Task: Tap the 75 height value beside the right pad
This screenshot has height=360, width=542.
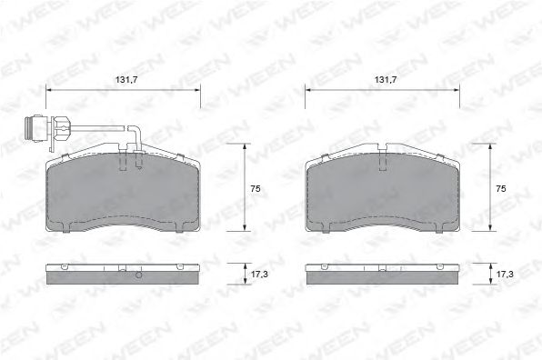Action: click(499, 188)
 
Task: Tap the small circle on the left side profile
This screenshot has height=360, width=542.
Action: click(137, 275)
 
